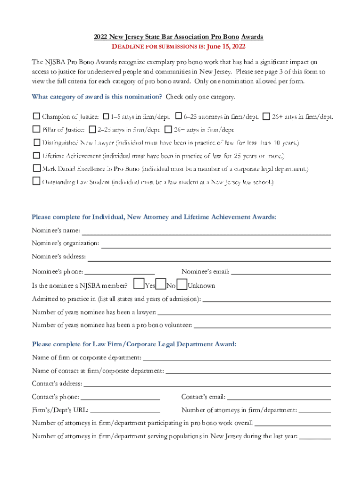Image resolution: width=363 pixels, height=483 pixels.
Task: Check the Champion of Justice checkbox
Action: [36, 116]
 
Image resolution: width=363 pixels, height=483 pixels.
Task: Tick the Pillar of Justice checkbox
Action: [36, 129]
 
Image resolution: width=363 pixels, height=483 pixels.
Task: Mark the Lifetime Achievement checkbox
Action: [36, 155]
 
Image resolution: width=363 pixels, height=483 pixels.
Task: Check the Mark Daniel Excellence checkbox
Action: [36, 168]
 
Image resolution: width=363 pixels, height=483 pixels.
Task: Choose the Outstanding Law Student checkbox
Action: [36, 181]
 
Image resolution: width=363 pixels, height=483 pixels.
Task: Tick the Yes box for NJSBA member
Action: [139, 284]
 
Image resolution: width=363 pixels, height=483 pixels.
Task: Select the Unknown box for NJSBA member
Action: [182, 284]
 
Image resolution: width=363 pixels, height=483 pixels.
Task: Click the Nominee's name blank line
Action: [206, 232]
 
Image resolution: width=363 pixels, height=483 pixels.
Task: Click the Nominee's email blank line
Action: [281, 272]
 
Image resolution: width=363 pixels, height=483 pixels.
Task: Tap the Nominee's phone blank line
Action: [120, 272]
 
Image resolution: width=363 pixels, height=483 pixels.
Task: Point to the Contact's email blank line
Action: [279, 398]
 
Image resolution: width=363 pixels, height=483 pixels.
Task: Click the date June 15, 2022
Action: [226, 47]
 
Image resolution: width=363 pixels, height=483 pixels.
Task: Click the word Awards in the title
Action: [252, 37]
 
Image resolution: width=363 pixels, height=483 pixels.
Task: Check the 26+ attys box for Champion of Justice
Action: [266, 116]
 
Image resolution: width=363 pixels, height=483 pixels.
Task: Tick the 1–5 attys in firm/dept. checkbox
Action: [106, 116]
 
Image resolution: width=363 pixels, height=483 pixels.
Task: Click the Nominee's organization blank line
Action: [215, 245]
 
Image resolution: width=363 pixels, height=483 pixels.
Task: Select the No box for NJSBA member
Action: [161, 284]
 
